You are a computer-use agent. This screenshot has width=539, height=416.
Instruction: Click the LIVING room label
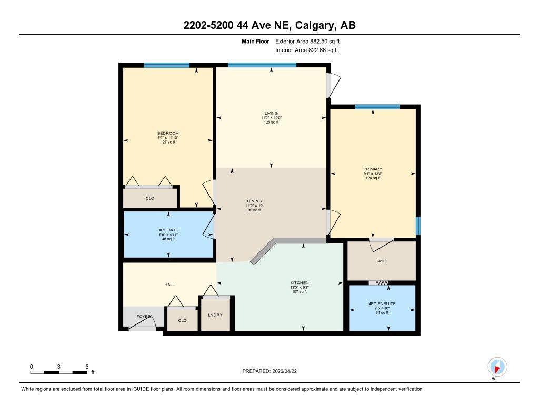271,113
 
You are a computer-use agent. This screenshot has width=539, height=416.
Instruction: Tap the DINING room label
255,201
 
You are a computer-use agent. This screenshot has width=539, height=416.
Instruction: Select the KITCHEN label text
299,282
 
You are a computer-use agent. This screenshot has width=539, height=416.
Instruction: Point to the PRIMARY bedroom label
372,169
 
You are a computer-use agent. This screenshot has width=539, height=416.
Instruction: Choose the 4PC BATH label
168,230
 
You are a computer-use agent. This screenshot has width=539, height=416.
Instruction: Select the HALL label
169,285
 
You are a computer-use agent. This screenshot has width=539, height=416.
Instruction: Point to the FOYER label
144,317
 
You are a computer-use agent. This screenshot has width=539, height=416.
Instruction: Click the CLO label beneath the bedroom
150,199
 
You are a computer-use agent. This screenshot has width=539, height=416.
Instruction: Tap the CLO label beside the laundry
182,320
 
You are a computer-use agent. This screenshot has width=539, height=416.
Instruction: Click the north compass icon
497,367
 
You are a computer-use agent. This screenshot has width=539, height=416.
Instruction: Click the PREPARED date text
273,371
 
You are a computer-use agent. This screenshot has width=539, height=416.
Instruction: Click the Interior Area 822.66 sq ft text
306,50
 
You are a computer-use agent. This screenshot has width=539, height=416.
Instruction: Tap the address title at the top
269,25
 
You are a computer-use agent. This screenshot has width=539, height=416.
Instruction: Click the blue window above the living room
262,65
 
